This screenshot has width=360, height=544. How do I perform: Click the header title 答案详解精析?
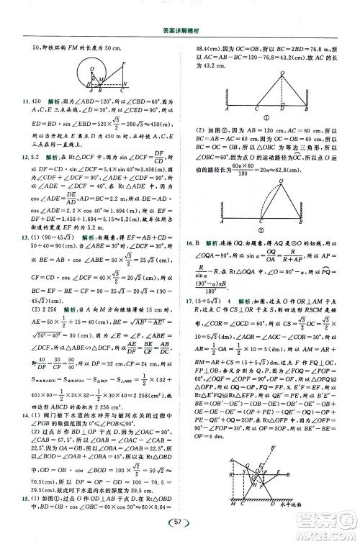[180, 31]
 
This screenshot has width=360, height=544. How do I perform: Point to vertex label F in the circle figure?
[125, 63]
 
